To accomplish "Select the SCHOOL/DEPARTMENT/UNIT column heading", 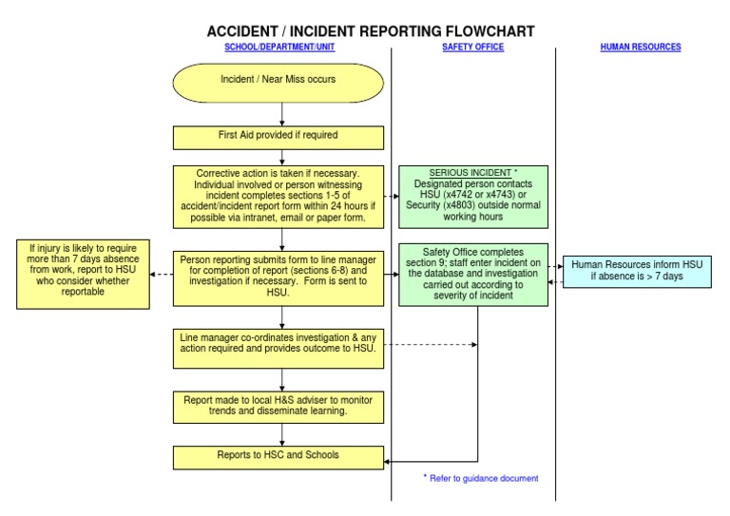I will tap(279, 47).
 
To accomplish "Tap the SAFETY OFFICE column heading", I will tap(473, 47).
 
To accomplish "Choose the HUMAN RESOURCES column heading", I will tap(641, 47).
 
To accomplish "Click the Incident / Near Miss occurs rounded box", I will tap(279, 81).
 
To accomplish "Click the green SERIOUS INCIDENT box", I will tap(471, 197).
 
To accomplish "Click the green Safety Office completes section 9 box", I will tap(471, 273).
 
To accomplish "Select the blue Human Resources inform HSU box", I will tap(642, 271).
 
